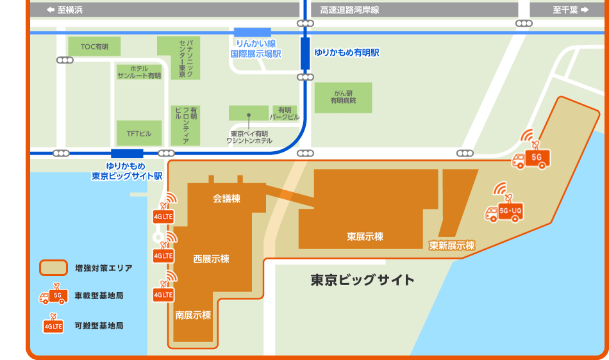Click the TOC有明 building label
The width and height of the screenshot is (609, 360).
pos(94,47)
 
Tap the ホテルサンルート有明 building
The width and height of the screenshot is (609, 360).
pos(139,72)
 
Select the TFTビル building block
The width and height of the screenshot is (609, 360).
pos(139,133)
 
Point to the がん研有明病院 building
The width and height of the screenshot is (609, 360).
pos(343,97)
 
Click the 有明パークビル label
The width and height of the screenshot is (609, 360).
pos(285,113)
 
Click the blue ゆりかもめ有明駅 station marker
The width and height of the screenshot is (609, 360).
pos(305,53)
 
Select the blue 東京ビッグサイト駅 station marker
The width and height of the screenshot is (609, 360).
pos(127,154)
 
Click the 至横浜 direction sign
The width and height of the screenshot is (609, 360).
pos(65,10)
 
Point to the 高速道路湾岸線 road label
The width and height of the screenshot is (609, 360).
pos(349,10)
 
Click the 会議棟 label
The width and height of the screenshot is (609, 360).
pos(226,199)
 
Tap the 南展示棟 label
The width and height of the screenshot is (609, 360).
pos(193,315)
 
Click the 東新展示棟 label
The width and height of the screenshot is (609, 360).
pos(452,245)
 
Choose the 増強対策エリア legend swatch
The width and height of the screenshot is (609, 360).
pos(54,268)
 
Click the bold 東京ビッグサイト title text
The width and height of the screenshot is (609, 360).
pos(362,280)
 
